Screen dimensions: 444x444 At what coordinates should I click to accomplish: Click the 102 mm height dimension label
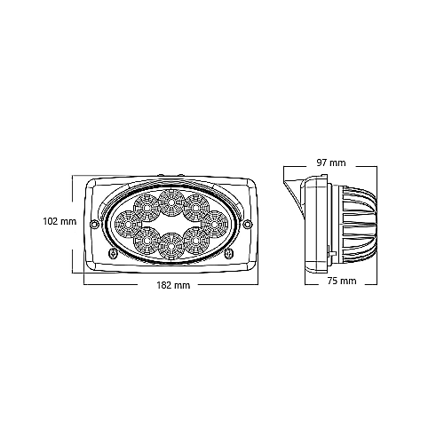[x=59, y=221]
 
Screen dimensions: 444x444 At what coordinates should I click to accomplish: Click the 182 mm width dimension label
[x=173, y=285]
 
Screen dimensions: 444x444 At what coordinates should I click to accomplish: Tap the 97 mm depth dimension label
[x=331, y=163]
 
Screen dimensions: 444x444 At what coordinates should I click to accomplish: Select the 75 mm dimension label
[x=342, y=281]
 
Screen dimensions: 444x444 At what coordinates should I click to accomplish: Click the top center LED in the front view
[x=171, y=202]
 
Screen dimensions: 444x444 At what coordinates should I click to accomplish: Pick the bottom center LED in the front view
[x=170, y=245]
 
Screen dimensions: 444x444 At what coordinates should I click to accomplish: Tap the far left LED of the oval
[x=128, y=225]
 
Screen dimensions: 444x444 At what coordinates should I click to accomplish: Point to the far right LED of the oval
[x=214, y=225]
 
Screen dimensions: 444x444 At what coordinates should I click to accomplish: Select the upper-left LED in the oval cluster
[x=147, y=208]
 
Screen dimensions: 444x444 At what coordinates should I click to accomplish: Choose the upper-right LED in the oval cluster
[x=195, y=208]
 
